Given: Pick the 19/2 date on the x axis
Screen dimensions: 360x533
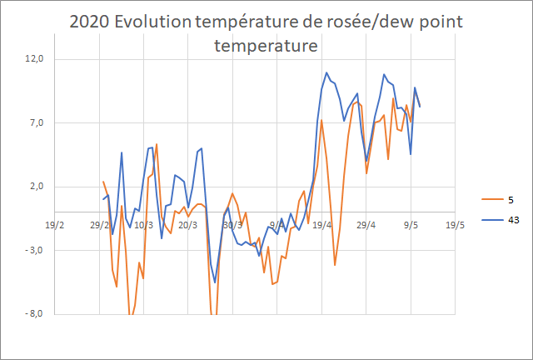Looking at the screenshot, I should click(54, 224).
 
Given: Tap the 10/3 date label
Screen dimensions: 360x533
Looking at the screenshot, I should click(143, 224).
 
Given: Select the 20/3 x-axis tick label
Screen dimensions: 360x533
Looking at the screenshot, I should click(187, 224).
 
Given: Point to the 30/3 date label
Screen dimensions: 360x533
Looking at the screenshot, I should click(232, 224).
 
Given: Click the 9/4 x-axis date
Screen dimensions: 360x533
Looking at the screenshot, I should click(277, 224).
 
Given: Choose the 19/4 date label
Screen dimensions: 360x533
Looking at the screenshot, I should click(321, 224).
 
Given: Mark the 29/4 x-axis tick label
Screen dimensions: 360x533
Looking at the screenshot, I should click(366, 224).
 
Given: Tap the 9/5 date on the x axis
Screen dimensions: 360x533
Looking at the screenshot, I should click(411, 224).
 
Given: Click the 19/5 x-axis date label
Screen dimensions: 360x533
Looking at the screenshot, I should click(456, 224).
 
